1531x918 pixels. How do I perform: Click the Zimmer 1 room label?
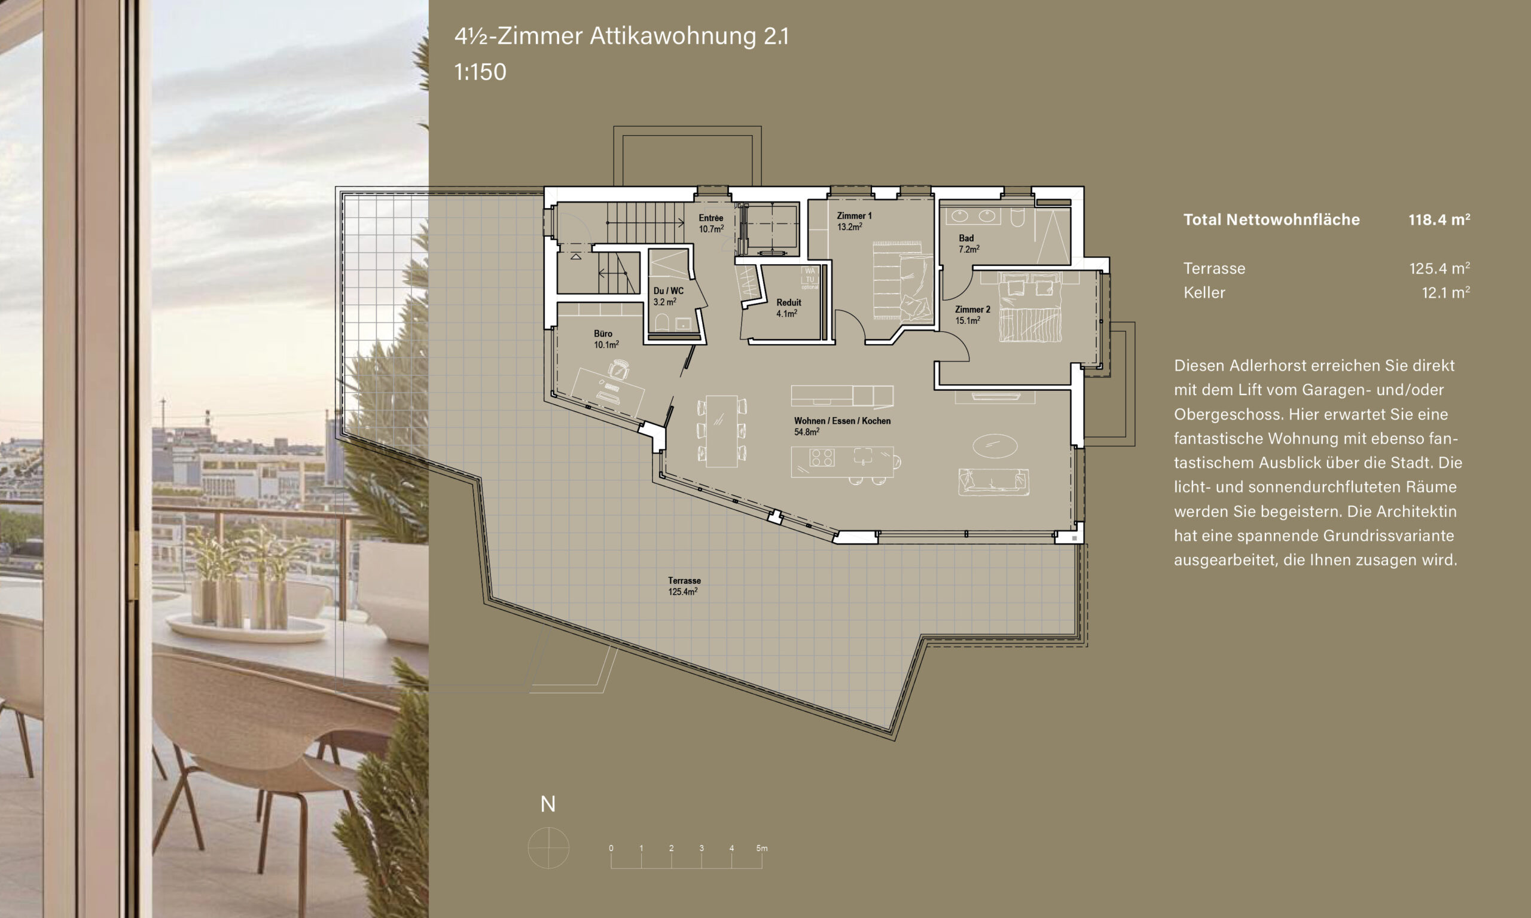[x=854, y=216]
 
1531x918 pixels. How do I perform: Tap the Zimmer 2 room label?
[x=972, y=310]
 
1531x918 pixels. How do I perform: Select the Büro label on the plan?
[x=603, y=333]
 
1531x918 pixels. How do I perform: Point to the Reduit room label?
[x=788, y=302]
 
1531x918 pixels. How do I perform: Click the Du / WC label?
[x=669, y=290]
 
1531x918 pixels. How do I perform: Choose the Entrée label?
[x=711, y=218]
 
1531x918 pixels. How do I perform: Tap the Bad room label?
[x=966, y=238]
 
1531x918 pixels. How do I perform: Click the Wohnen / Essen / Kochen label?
[x=842, y=421]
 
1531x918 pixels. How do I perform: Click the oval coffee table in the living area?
[x=995, y=445]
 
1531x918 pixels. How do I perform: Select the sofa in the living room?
[x=994, y=482]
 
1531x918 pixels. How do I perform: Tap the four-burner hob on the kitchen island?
[x=822, y=457]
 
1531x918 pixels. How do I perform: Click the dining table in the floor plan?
[x=722, y=431]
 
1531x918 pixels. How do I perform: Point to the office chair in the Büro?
[x=618, y=370]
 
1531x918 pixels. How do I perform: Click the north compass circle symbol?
[x=548, y=847]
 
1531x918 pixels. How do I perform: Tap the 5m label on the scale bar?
[x=762, y=848]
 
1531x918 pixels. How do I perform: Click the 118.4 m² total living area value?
[x=1439, y=219]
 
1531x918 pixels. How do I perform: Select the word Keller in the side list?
[x=1204, y=293]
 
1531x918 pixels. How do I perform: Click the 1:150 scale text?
[x=480, y=72]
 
